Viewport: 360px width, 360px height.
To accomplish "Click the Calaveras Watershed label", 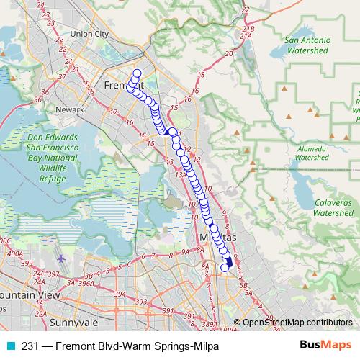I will pos(333,208).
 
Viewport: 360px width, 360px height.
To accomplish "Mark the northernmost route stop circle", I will pos(137,72).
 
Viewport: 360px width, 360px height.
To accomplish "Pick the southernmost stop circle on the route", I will pos(224,268).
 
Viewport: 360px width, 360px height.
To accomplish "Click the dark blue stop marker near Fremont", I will pos(172,131).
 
